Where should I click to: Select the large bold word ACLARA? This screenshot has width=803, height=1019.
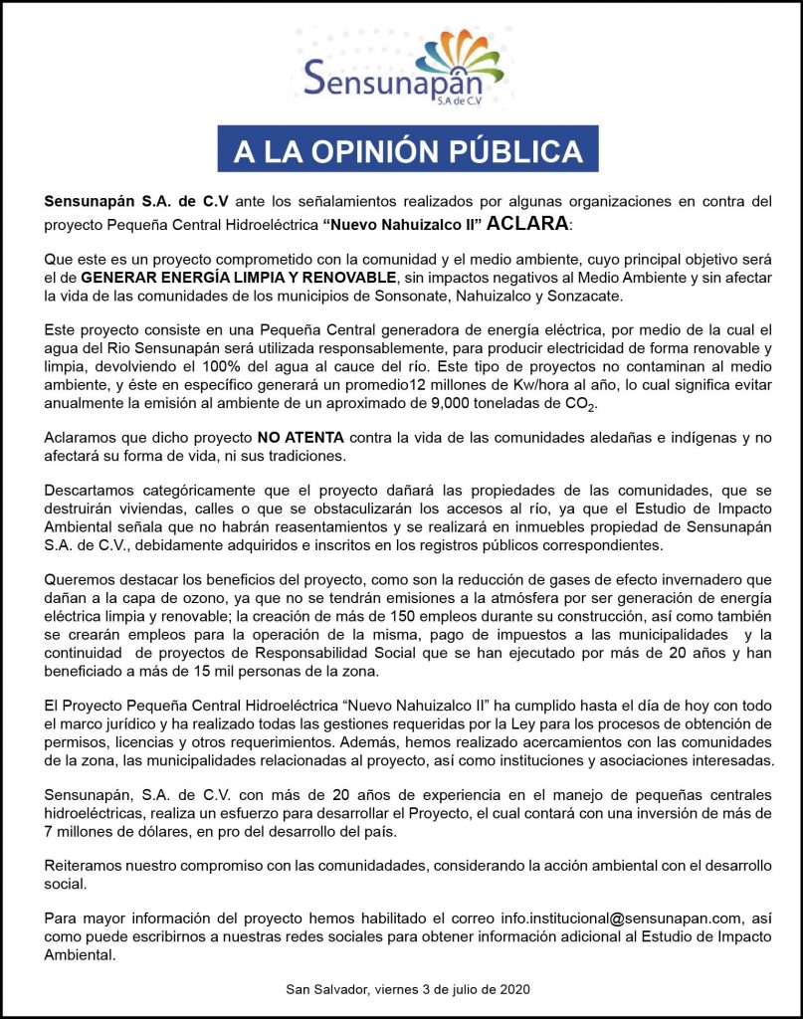point(528,221)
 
